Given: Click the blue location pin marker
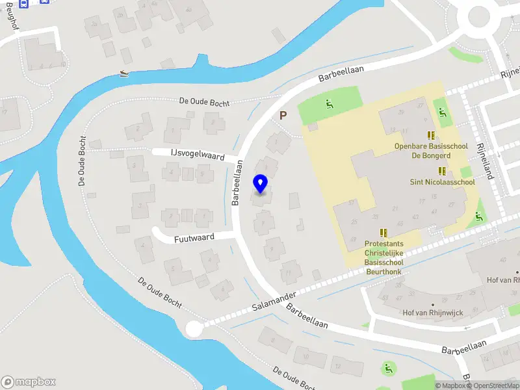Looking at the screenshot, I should (261, 184).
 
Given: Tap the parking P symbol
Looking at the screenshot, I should (283, 115).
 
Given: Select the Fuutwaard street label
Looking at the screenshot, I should (194, 239).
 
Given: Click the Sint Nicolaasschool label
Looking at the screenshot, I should (442, 183).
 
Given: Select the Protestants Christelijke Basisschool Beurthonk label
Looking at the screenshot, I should (383, 254).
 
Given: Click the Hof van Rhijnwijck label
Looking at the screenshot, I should (433, 313).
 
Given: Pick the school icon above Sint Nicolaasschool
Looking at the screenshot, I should (442, 171).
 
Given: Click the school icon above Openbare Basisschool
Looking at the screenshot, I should (431, 135).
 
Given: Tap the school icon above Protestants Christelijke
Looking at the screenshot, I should (383, 232).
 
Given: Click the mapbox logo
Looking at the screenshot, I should (29, 382).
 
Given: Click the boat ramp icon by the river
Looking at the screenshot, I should (124, 73).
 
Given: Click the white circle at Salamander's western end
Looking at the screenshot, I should (194, 329).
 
